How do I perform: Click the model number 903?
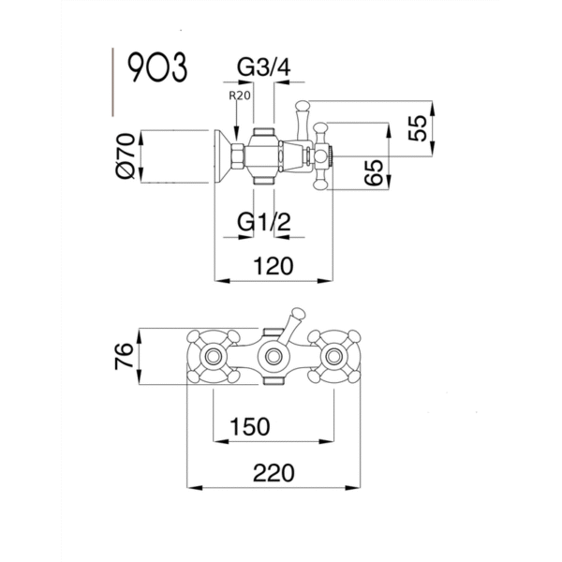(x=157, y=67)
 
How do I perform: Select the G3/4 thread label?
(x=264, y=67)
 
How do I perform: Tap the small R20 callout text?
(x=240, y=96)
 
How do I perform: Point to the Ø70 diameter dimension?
(x=126, y=155)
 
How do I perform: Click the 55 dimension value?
(x=418, y=127)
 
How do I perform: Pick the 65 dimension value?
(x=374, y=172)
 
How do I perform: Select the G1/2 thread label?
(x=264, y=221)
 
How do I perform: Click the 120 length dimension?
(x=274, y=266)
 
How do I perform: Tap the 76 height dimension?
(x=124, y=356)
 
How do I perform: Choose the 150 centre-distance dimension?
(x=249, y=426)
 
